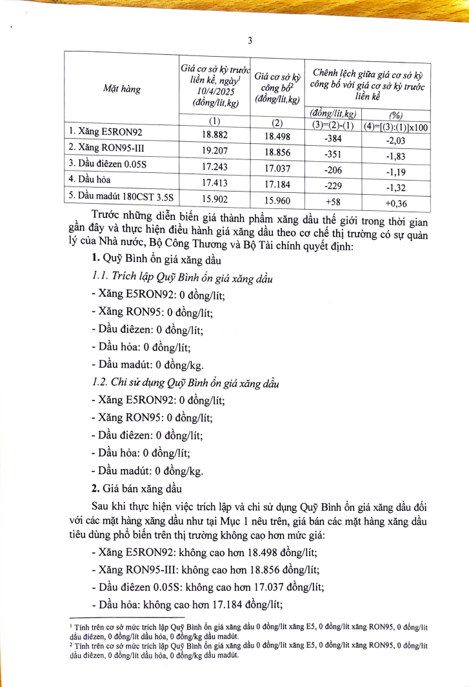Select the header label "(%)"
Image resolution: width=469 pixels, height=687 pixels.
point(394,115)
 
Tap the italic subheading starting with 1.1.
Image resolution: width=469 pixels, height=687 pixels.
point(182,278)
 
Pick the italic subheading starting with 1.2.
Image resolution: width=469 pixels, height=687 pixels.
point(186,383)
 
